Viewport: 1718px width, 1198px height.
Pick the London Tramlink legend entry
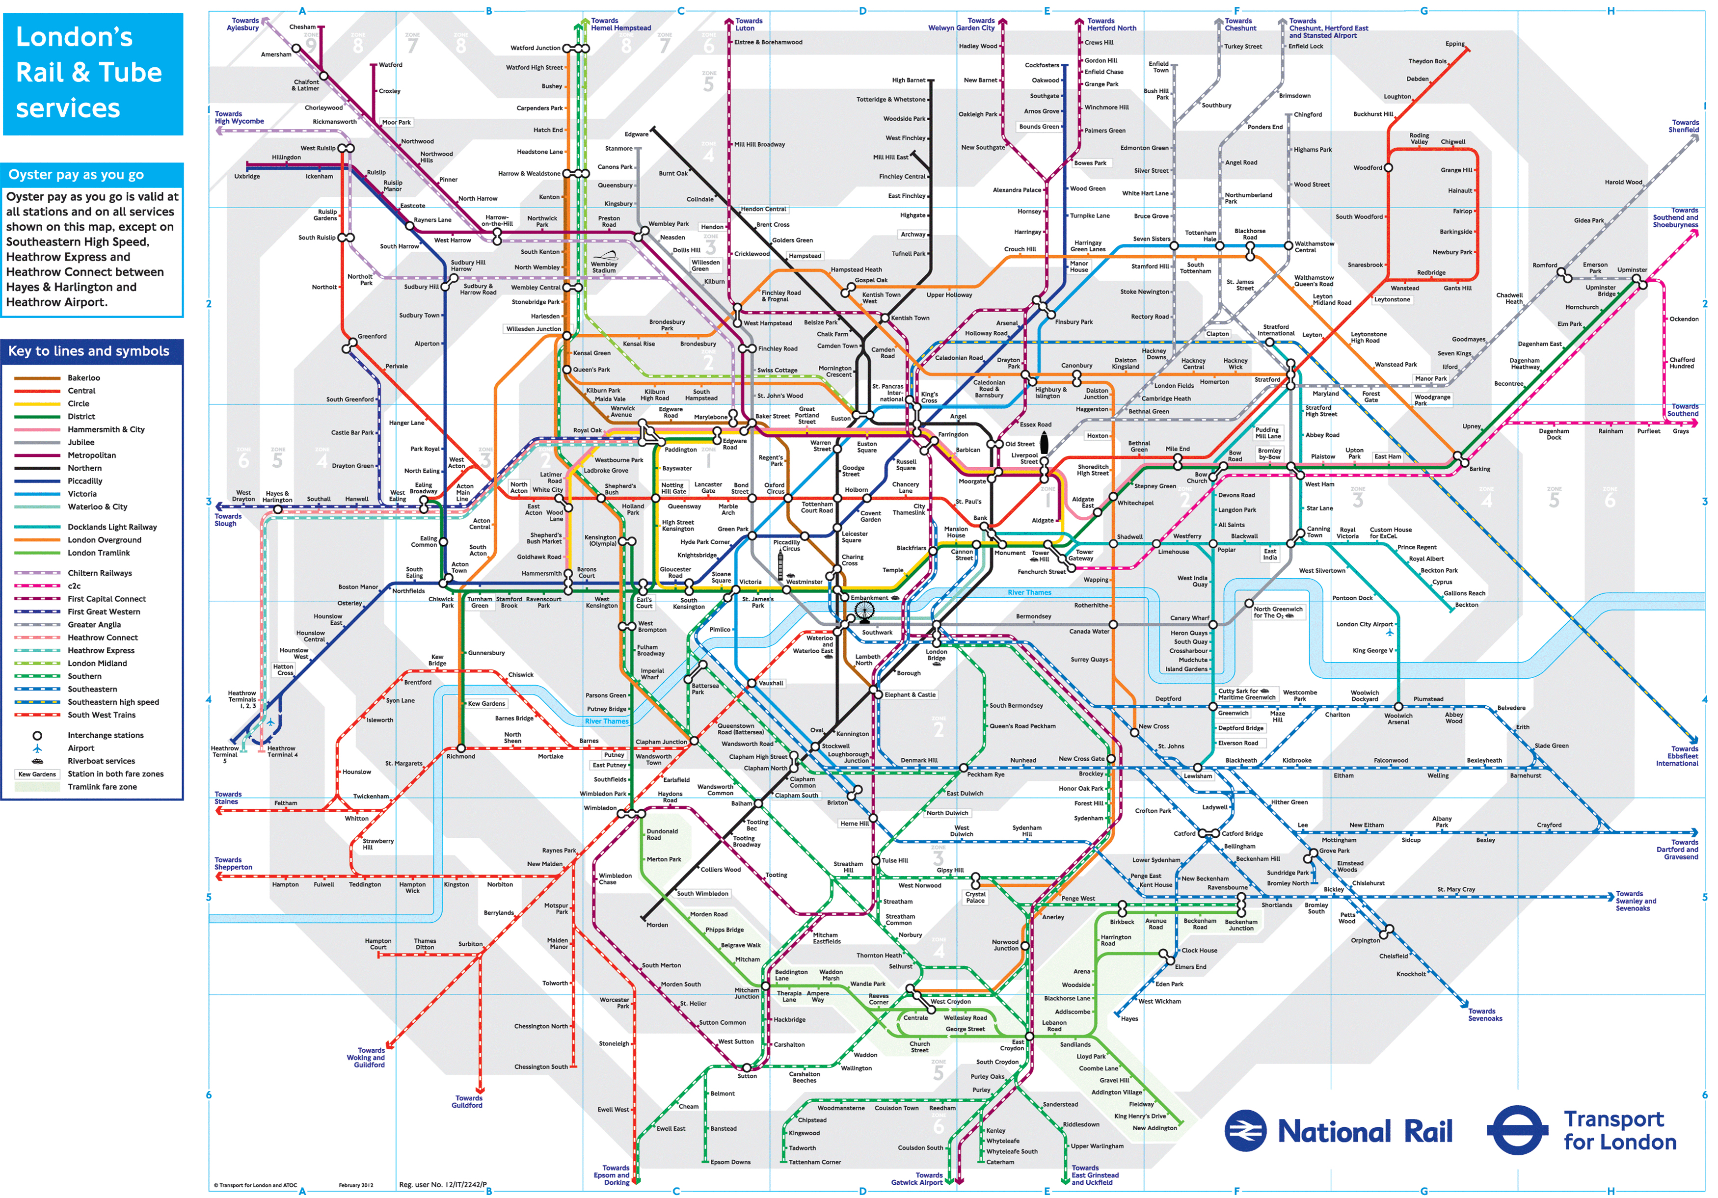tap(98, 553)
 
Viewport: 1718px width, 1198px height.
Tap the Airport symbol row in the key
tap(81, 748)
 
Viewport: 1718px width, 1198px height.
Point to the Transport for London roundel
tap(1517, 1131)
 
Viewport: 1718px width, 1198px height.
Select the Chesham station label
tap(302, 27)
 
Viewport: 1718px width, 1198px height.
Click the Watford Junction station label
tap(535, 48)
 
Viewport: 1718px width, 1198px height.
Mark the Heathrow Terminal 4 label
tap(282, 751)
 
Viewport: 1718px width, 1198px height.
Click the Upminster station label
tap(1632, 269)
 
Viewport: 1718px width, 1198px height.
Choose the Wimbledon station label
tap(600, 808)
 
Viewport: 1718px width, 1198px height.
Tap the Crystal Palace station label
tap(976, 897)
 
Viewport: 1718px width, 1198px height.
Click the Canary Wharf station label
tap(1190, 618)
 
